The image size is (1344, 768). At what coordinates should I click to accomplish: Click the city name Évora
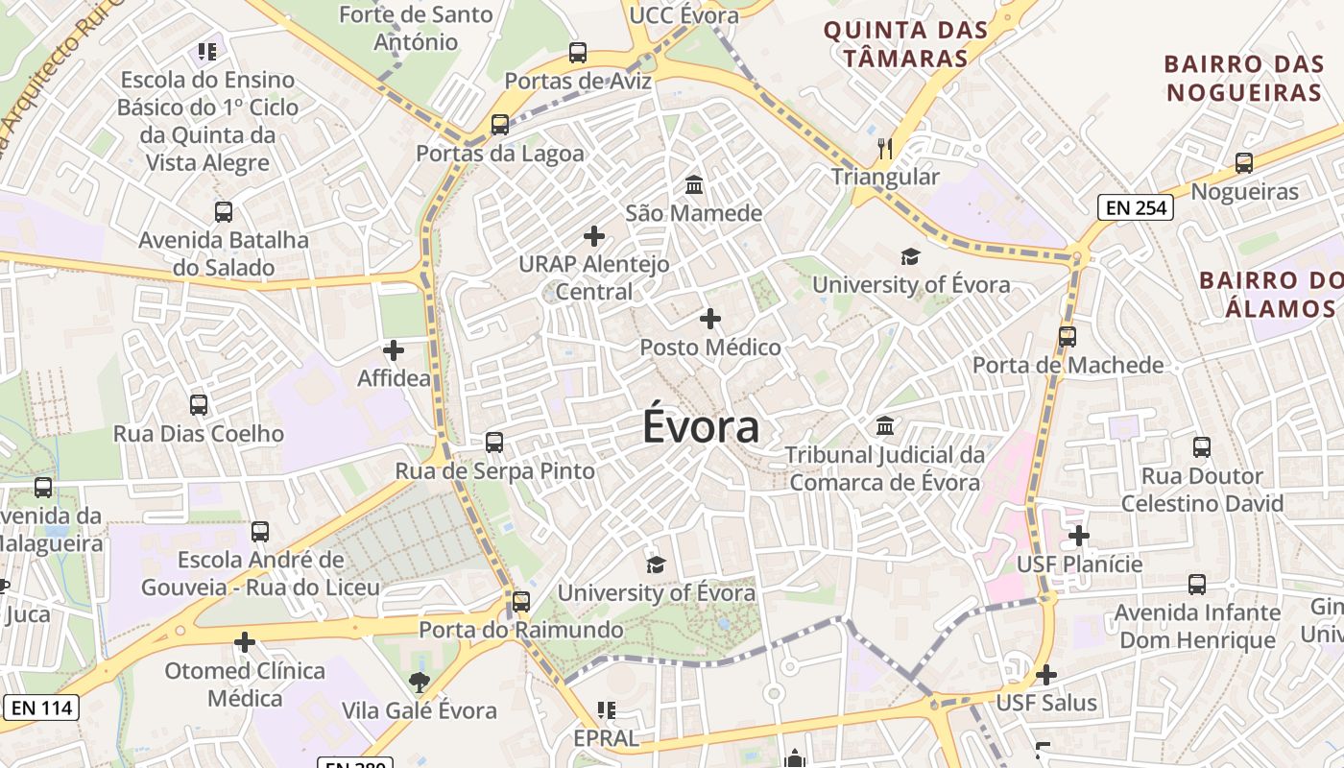701,427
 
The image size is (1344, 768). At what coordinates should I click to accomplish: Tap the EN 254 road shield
1136,206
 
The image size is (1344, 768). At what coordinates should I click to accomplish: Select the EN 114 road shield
40,708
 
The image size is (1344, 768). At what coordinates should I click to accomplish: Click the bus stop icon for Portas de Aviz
578,53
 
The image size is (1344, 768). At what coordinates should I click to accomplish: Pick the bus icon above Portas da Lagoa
499,125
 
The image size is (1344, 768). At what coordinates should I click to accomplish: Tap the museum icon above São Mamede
693,183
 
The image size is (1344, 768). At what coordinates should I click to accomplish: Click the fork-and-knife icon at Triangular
885,149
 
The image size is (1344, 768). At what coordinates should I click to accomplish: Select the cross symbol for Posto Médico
710,318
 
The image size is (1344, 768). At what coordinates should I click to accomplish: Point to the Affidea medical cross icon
394,350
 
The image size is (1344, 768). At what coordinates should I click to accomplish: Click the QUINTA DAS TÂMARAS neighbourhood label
905,44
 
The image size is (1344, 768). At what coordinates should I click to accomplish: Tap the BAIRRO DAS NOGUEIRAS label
1243,79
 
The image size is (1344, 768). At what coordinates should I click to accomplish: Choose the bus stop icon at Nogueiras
1244,163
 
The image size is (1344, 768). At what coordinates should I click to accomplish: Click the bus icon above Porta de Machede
1068,337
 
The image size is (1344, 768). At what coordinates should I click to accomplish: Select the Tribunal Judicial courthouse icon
885,425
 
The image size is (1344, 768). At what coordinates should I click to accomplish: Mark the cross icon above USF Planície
1079,535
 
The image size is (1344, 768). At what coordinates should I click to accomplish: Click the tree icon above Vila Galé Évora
419,683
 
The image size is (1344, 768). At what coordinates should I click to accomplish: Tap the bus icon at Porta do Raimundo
521,602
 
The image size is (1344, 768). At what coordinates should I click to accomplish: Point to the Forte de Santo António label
416,28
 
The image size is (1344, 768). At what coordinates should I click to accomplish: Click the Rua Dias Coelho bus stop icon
199,405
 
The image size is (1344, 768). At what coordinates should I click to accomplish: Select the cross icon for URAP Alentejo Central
594,235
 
